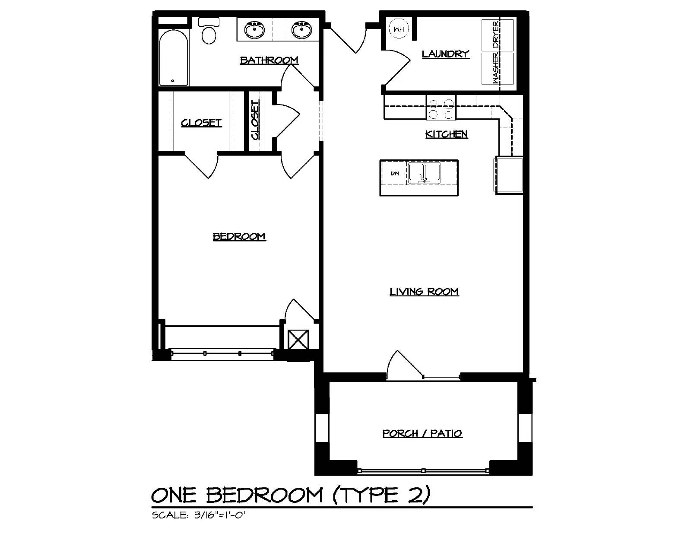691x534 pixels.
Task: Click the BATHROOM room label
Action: click(269, 60)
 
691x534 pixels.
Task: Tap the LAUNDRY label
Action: click(446, 54)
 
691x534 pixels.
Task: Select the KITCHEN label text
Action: click(447, 134)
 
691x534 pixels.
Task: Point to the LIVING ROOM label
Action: click(424, 291)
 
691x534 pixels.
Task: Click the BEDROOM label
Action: click(239, 236)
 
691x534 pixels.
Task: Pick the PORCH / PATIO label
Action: click(422, 433)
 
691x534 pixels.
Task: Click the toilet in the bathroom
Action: click(209, 31)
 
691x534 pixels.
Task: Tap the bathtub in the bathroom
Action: click(174, 57)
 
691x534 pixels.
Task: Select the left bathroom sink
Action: click(254, 30)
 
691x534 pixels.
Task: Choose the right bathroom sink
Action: click(302, 30)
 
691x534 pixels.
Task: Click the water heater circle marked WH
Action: click(399, 29)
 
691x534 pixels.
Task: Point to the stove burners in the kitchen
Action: click(441, 109)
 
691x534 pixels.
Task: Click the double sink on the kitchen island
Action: click(425, 173)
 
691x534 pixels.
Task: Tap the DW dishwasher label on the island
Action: click(395, 174)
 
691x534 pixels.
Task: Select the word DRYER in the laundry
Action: click(496, 35)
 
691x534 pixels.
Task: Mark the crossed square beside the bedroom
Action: click(298, 339)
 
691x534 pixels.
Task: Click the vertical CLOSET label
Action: click(255, 120)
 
